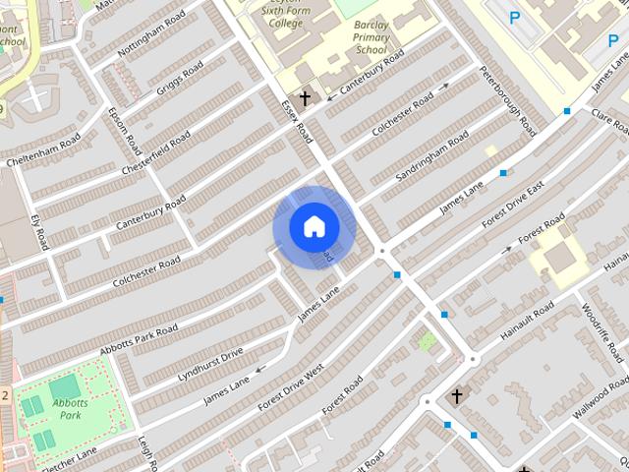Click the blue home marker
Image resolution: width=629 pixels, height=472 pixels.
pos(314,227)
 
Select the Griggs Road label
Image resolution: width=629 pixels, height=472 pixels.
pos(180,79)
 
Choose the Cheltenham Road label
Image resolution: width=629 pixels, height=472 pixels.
pos(42,150)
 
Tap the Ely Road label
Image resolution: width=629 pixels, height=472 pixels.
pos(39,231)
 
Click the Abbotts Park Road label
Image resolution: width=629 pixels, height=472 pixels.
pos(138,339)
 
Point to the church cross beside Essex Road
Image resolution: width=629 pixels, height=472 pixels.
pos(305,97)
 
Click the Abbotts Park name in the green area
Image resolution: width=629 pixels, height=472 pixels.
pos(71,407)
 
